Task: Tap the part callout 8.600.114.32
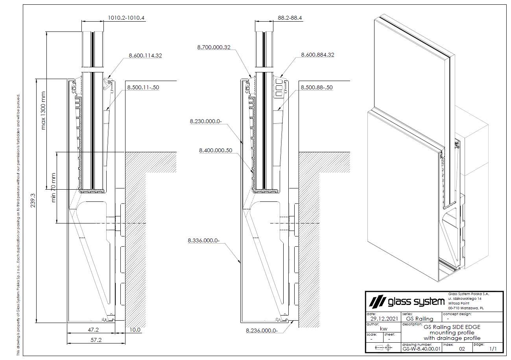click(x=145, y=55)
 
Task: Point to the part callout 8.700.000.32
click(x=214, y=47)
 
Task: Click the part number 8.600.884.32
click(x=317, y=55)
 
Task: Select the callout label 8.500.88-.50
click(x=317, y=87)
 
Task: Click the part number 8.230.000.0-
click(x=206, y=122)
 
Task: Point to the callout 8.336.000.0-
click(x=203, y=240)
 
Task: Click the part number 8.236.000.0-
click(x=262, y=330)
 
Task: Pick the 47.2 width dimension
click(x=93, y=330)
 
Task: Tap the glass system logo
click(x=405, y=302)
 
